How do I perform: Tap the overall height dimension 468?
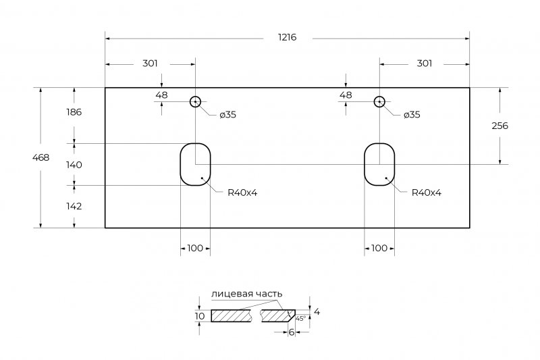point(40,157)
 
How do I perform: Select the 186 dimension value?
point(74,112)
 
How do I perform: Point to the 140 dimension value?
point(74,165)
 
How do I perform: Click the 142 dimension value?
point(74,206)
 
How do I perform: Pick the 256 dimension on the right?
point(500,126)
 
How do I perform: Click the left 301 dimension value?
point(150,63)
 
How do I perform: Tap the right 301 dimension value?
point(424,63)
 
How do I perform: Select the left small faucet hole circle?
point(195,102)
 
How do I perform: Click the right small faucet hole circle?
point(379,102)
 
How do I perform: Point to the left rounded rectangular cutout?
point(195,164)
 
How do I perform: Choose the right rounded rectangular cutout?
point(379,164)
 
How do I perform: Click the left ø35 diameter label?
point(227,115)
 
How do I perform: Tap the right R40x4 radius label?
point(426,192)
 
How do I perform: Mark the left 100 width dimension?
point(195,248)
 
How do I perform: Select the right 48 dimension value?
point(346,95)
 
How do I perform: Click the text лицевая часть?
point(246,294)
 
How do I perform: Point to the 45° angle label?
point(301,317)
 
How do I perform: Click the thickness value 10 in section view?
point(200,315)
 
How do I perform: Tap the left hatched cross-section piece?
point(231,315)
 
